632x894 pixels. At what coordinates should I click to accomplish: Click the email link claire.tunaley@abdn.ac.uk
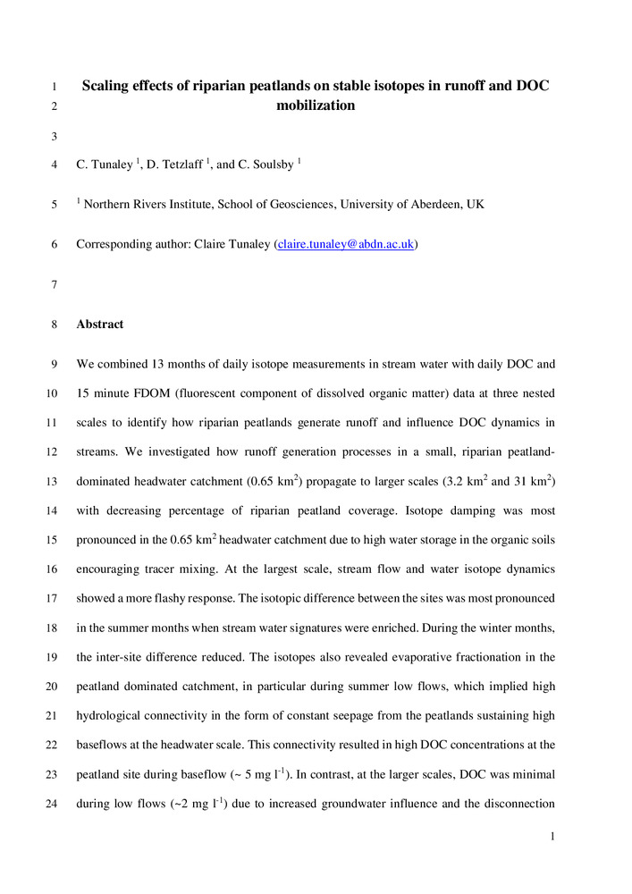tap(347, 244)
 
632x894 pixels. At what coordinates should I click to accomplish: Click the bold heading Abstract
tap(100, 325)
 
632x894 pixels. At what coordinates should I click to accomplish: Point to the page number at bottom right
tap(554, 837)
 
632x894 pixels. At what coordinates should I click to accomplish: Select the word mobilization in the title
tap(316, 105)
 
